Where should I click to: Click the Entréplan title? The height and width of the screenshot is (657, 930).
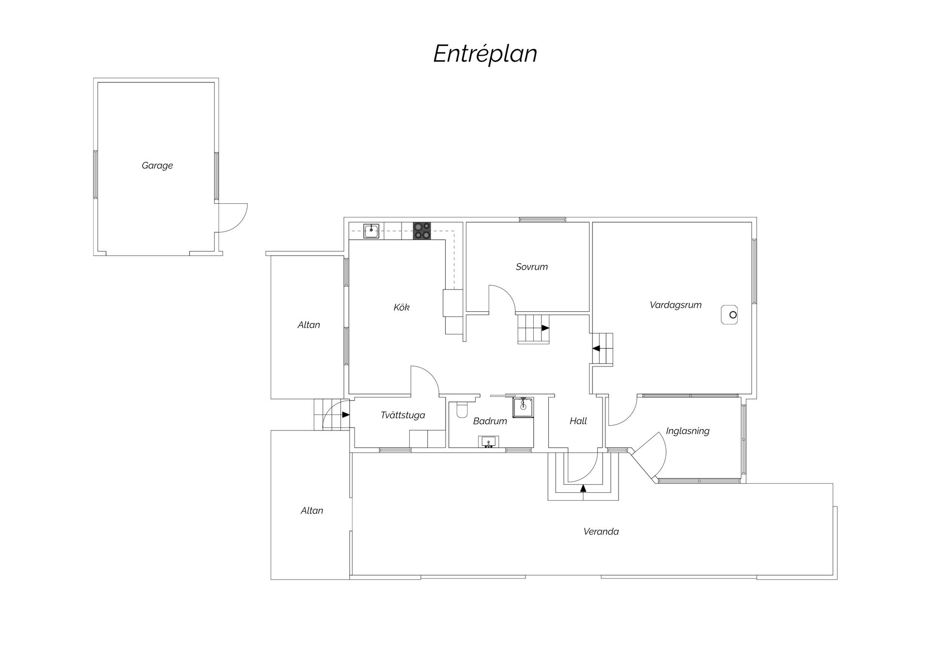[485, 54]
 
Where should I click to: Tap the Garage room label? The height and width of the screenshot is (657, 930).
[157, 166]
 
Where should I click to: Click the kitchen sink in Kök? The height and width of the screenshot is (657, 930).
[371, 231]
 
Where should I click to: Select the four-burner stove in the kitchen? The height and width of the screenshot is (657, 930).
[422, 231]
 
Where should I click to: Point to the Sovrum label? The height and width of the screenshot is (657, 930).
[531, 267]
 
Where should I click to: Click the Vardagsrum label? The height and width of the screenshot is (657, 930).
[675, 305]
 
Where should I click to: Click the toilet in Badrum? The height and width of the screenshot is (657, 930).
[462, 409]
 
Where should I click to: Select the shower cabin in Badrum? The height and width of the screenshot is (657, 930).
[523, 407]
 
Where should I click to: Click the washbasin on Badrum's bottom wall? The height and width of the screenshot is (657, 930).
[489, 442]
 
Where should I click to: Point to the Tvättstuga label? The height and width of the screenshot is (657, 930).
[403, 415]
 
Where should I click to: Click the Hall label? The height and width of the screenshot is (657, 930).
[578, 421]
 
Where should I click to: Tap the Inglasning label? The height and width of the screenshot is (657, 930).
[687, 431]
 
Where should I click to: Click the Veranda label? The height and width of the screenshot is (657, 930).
[601, 532]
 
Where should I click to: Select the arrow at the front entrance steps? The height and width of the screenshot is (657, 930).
[583, 488]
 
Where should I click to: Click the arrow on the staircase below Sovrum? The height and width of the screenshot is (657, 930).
[545, 328]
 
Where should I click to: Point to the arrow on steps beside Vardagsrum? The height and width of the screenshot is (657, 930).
[596, 348]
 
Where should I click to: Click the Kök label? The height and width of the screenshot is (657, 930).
[401, 307]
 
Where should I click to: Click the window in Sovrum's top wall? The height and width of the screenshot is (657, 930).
[542, 220]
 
